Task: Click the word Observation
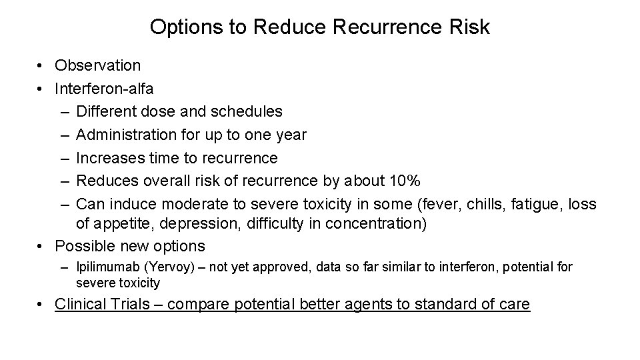[98, 65]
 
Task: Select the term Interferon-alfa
[104, 89]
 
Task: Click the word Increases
[109, 158]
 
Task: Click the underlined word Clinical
[82, 305]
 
